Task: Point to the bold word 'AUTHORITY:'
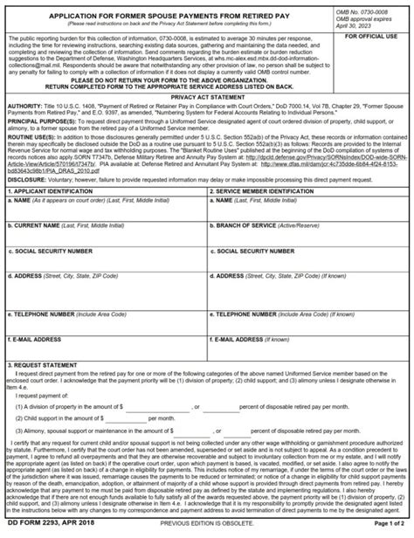pos(24,107)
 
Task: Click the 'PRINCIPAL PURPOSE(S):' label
pos(40,124)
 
